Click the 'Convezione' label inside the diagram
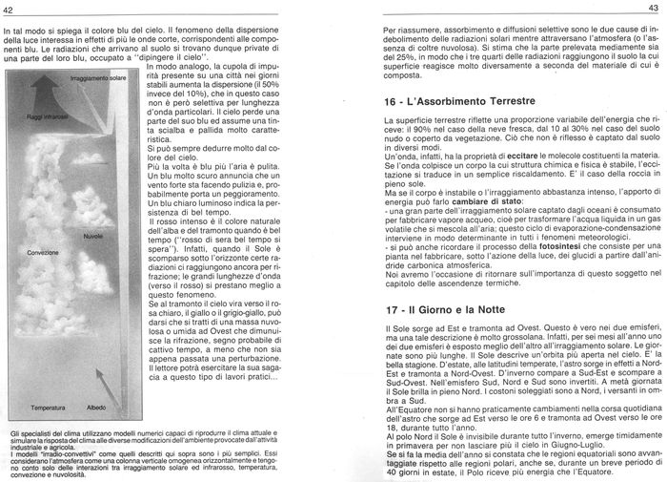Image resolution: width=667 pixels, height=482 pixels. pyautogui.click(x=44, y=252)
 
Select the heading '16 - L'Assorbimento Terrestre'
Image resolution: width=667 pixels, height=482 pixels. pyautogui.click(x=467, y=100)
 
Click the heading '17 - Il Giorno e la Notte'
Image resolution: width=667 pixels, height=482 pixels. pyautogui.click(x=450, y=310)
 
